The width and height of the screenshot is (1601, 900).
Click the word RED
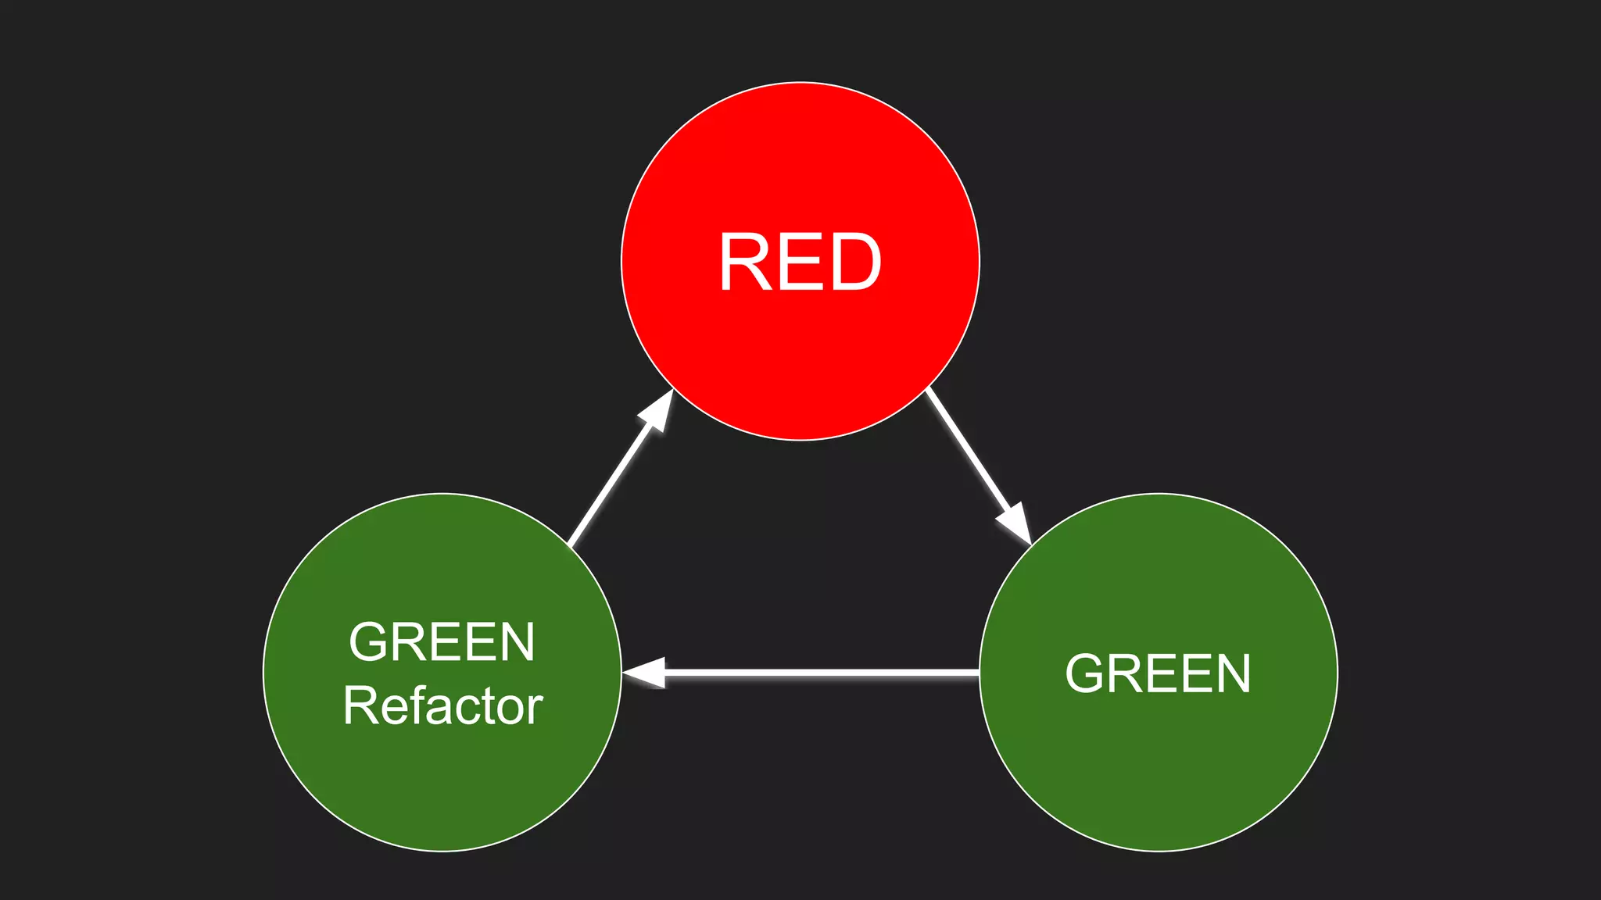pos(800,262)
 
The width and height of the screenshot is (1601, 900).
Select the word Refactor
pos(442,706)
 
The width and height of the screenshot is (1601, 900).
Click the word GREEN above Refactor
pos(442,642)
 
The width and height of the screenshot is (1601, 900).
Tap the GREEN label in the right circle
pos(1158,673)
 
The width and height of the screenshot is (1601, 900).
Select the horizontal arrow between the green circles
pos(813,673)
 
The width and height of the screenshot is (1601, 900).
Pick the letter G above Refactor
pos(371,642)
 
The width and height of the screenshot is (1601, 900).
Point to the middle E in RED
pos(801,262)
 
